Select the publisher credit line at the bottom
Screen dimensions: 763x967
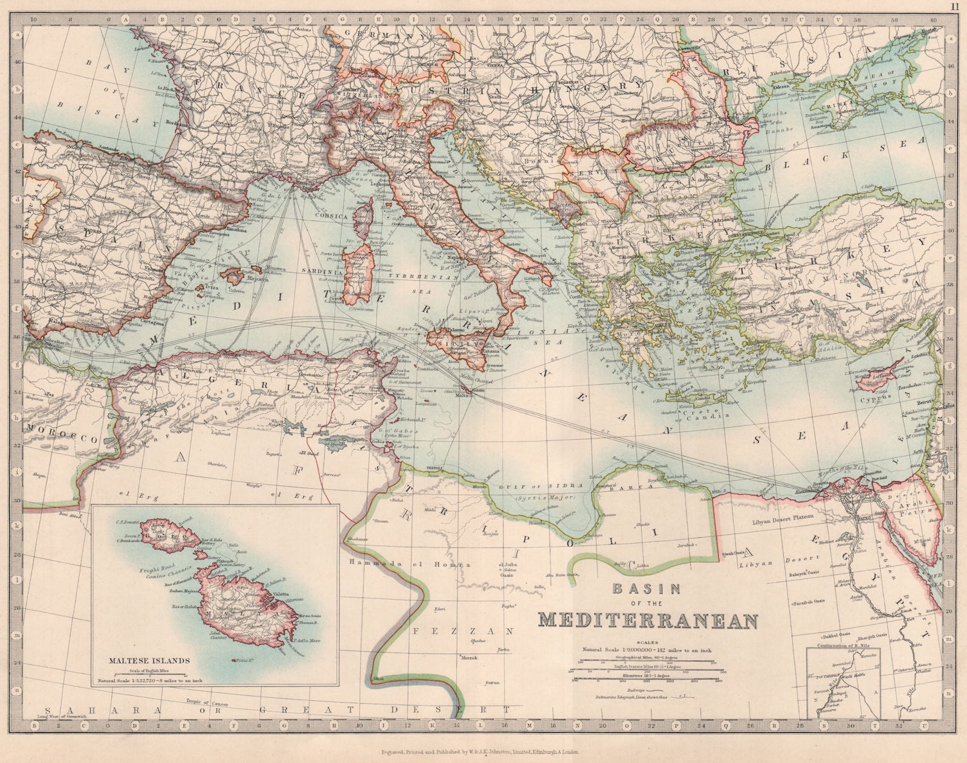point(480,752)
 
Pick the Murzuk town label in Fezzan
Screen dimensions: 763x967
point(470,657)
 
